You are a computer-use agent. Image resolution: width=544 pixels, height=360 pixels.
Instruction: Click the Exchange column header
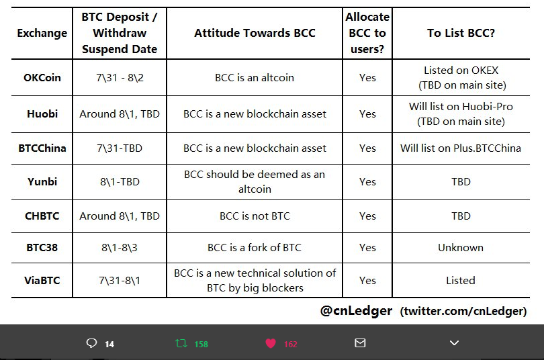tap(42, 33)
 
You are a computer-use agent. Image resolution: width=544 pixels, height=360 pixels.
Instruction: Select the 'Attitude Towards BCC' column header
tap(255, 33)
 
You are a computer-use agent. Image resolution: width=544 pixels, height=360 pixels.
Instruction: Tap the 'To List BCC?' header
tap(461, 33)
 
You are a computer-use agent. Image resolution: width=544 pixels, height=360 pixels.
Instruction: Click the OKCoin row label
tap(42, 77)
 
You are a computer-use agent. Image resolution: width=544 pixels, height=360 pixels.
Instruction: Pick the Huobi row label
tap(42, 114)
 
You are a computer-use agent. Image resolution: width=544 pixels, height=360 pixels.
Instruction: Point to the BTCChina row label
tap(42, 148)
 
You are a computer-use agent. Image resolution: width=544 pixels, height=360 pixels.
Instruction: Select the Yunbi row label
tap(42, 181)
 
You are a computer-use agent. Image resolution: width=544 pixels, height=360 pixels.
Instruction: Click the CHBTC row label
tap(42, 216)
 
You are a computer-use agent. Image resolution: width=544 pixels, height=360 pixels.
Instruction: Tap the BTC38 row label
tap(42, 247)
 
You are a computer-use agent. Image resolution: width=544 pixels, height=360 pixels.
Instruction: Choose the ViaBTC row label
tap(42, 280)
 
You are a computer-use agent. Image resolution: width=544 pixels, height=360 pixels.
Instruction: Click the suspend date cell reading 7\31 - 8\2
tap(120, 77)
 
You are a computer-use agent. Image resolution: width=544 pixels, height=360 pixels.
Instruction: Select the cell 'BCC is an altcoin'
tap(255, 77)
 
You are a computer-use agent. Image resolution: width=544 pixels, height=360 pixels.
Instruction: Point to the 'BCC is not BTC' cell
tap(255, 216)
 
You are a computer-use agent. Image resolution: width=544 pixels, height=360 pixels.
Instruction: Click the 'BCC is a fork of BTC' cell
tap(255, 247)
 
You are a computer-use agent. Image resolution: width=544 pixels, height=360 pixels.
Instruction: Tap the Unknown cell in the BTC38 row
tap(461, 247)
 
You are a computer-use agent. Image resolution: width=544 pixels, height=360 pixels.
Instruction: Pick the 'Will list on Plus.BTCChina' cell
tap(461, 148)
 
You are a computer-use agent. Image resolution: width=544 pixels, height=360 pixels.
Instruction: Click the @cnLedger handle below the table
tap(357, 310)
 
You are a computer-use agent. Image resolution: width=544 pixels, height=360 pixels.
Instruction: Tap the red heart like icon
tap(271, 343)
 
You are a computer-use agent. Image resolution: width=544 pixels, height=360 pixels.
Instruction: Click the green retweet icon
tap(181, 343)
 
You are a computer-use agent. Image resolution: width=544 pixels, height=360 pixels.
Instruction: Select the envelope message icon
tap(360, 343)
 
